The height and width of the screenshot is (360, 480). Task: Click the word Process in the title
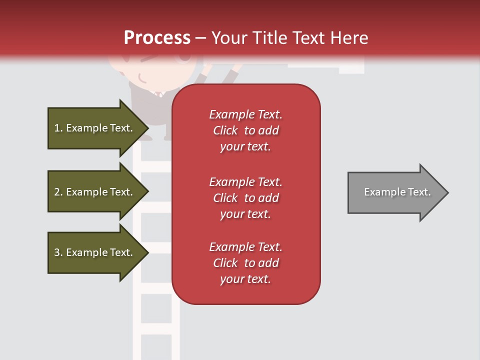pos(157,38)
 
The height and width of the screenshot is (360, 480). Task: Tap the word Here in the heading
pos(349,38)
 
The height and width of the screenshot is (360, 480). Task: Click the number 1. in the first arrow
pos(58,128)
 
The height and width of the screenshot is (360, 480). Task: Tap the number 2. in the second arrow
pos(58,192)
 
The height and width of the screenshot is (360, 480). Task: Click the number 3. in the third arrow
pos(58,252)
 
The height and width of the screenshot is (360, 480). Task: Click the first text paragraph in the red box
pos(245,130)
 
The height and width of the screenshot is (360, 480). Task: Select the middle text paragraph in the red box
pos(245,198)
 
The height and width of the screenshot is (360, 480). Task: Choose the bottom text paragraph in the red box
pos(245,263)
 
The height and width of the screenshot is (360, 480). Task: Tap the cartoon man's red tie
pos(158,94)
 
